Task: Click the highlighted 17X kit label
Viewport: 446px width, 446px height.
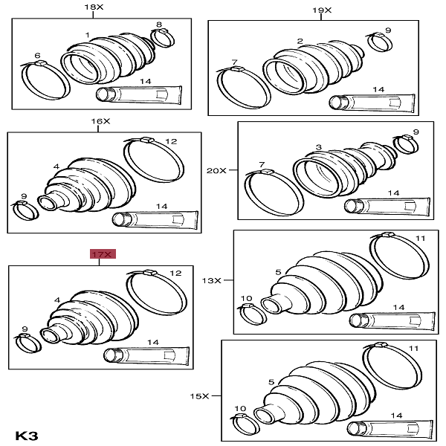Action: click(x=103, y=254)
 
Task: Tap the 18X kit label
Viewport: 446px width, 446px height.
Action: click(x=94, y=7)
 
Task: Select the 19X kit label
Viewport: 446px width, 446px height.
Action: click(x=322, y=10)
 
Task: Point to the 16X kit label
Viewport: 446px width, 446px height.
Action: click(x=100, y=121)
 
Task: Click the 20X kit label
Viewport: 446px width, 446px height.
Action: click(x=216, y=171)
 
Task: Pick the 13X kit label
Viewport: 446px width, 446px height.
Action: click(x=212, y=281)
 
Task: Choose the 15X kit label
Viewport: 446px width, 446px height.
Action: click(x=199, y=396)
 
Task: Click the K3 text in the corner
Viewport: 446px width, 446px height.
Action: click(x=27, y=436)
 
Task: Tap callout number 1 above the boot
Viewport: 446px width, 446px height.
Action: click(x=87, y=35)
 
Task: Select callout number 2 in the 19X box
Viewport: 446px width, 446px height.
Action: click(x=300, y=41)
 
